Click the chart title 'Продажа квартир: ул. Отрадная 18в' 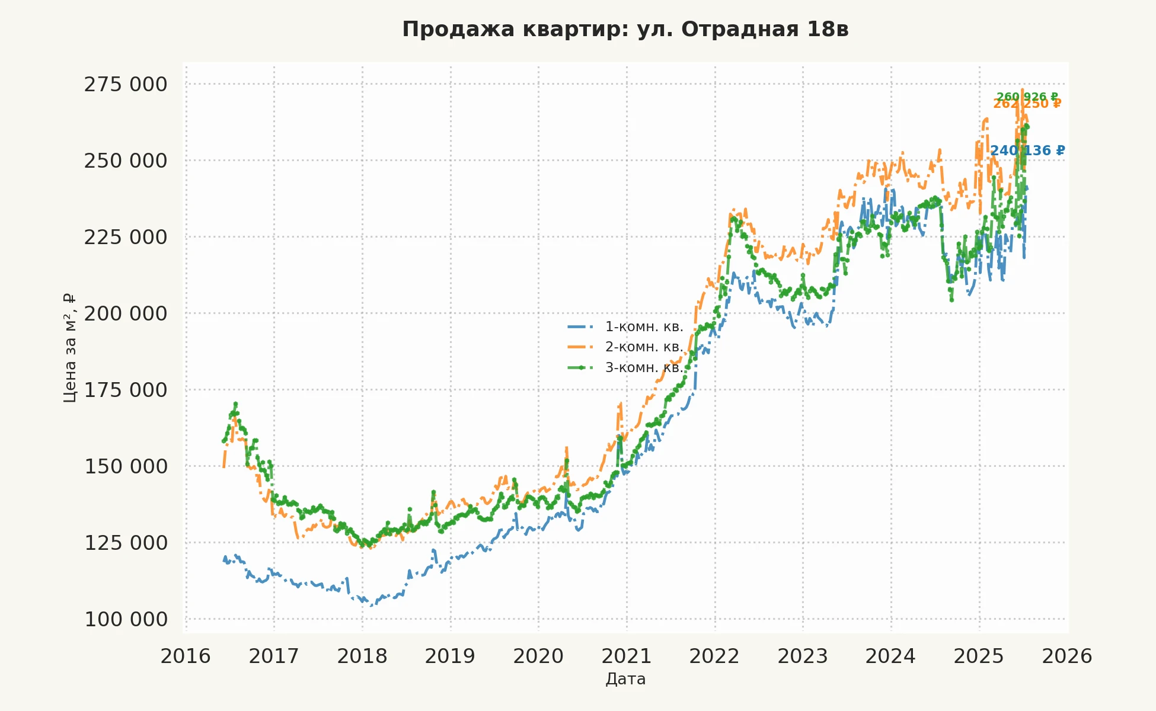[625, 29]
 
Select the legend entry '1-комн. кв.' [644, 327]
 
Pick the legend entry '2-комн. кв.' [644, 347]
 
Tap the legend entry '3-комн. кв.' [644, 368]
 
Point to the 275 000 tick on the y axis [126, 85]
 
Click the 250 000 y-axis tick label [126, 161]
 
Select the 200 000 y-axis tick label [126, 313]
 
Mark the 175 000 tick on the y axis [126, 390]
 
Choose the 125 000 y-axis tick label [126, 543]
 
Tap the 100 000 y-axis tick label [126, 620]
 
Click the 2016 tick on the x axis [186, 656]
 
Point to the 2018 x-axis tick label [362, 656]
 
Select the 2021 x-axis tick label [627, 656]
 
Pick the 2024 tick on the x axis [890, 656]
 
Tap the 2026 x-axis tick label [1067, 656]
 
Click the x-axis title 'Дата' [625, 679]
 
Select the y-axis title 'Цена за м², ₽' [70, 348]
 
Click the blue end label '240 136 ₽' [1027, 151]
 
